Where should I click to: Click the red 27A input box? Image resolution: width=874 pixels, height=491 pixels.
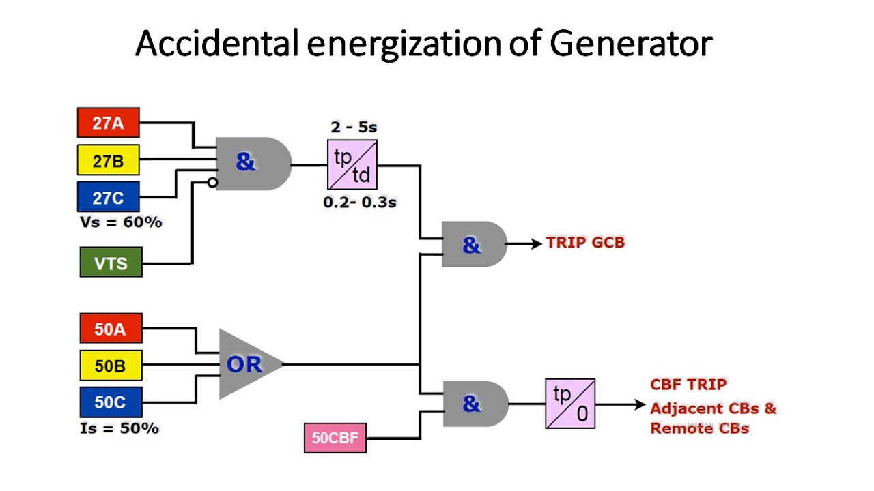pos(108,123)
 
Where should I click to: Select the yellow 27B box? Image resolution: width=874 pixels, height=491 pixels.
pos(108,161)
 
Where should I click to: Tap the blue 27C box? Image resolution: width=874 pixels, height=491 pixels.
pos(108,198)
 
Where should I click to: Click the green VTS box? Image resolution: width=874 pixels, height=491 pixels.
pos(111,262)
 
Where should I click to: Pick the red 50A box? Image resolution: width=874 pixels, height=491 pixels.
pos(111,329)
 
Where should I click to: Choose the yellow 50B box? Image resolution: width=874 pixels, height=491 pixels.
pos(111,366)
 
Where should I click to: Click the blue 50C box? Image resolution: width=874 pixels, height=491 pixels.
pos(111,402)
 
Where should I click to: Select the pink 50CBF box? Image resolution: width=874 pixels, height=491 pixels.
pos(335,438)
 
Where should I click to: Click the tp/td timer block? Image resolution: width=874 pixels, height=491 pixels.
pos(352,164)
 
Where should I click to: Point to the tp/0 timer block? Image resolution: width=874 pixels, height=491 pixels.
pos(569,404)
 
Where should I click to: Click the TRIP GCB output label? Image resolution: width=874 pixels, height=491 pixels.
pos(585,243)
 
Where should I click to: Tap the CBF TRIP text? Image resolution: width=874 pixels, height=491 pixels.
pos(688,385)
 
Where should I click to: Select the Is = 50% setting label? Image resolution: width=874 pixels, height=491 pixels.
pos(119,428)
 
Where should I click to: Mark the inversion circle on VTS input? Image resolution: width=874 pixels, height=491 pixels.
pos(213,183)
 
